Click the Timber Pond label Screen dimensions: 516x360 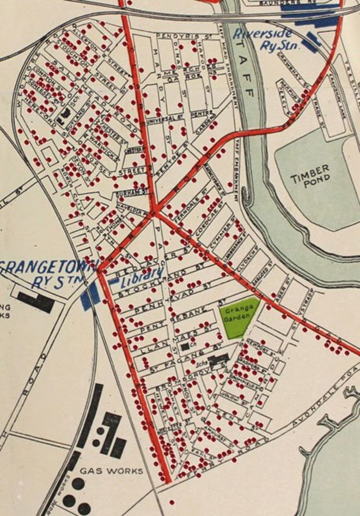[310, 173]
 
